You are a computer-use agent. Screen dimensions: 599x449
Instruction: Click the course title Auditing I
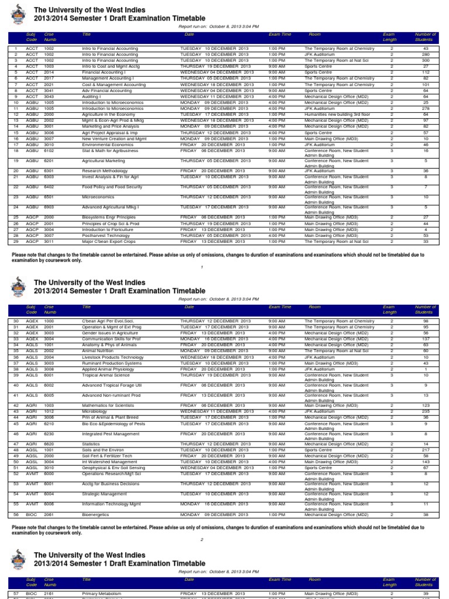click(92, 97)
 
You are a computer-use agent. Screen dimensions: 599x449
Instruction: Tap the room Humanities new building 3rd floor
click(337, 114)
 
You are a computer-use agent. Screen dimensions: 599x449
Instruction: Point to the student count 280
click(425, 54)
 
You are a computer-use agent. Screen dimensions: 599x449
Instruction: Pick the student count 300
click(425, 60)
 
